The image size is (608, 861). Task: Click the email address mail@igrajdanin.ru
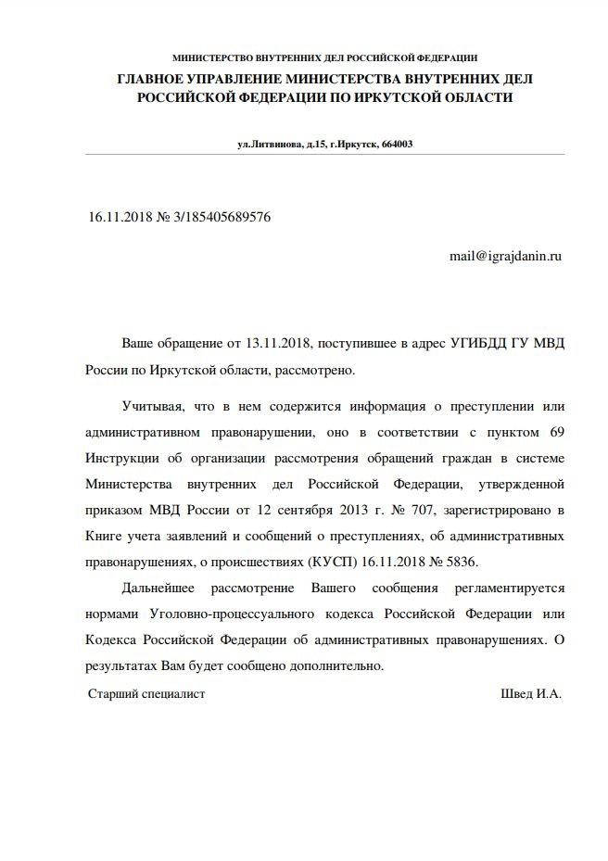(x=505, y=254)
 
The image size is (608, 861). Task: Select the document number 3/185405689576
(x=222, y=216)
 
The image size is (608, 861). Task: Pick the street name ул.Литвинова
(x=270, y=144)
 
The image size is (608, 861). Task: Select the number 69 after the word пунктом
(x=554, y=433)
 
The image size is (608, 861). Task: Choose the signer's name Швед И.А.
(x=531, y=693)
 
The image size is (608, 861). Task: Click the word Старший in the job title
(x=112, y=693)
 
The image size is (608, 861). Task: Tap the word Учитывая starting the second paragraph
(x=153, y=407)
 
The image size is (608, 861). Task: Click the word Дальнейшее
(x=158, y=589)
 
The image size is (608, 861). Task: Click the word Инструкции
(x=122, y=459)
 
